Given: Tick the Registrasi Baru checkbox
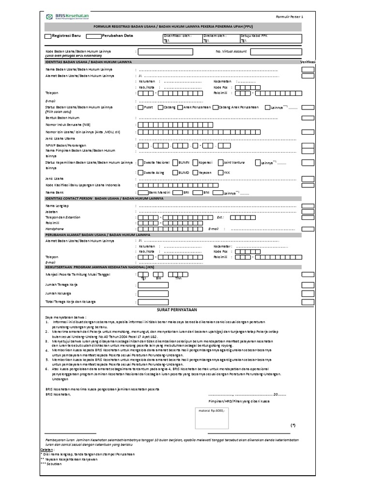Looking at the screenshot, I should pos(47,36).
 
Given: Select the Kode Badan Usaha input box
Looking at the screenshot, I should pos(166,52).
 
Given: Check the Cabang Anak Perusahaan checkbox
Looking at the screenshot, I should pos(216,108).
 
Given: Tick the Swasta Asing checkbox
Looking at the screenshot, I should pos(140,172).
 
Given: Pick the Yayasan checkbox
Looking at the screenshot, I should pos(195,172).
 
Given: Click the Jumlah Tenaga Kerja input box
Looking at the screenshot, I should pos(153,285).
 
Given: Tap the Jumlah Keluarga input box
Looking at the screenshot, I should pos(153,294).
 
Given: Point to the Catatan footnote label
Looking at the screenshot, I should pos(47,450).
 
